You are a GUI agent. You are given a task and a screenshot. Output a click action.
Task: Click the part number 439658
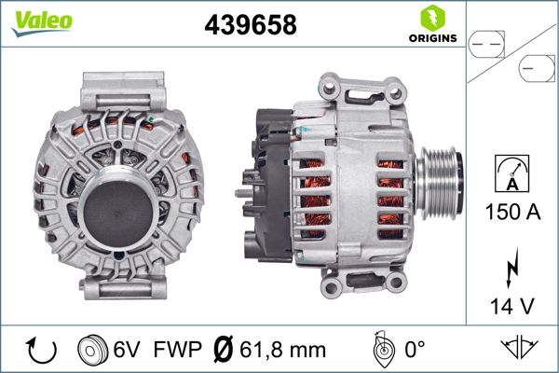tap(250, 26)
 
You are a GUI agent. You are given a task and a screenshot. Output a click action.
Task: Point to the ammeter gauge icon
tap(513, 174)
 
